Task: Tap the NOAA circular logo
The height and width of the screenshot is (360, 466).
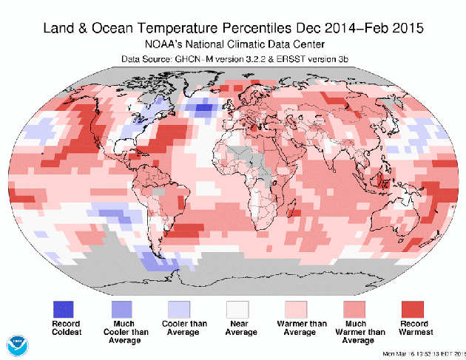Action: [x=17, y=344]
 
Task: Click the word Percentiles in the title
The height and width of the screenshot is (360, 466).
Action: [x=278, y=30]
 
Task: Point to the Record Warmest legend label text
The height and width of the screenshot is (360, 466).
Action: [x=412, y=328]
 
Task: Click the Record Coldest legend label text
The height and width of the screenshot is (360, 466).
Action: [x=64, y=328]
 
